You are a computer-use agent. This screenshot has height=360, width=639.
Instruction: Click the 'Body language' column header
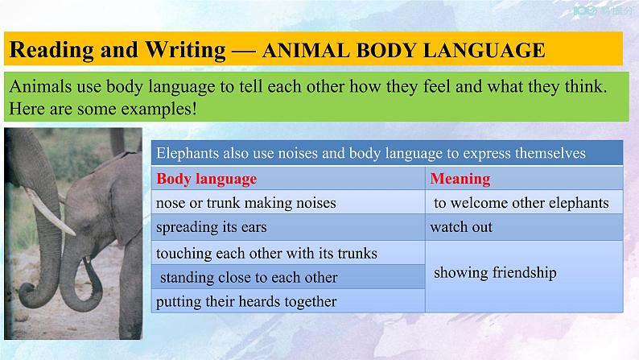pos(207,179)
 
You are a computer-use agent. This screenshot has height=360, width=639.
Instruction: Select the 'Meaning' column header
pos(460,179)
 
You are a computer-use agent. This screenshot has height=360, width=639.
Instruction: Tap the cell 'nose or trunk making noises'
pos(245,203)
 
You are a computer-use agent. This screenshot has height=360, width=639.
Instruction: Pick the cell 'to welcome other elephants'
pos(521,203)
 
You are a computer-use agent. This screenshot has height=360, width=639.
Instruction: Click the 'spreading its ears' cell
pos(211,227)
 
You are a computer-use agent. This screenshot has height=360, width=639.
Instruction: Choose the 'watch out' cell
pos(461,227)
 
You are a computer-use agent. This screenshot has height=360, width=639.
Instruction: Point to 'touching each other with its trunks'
pos(266,253)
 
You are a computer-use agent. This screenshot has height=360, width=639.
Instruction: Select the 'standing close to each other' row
pos(248,277)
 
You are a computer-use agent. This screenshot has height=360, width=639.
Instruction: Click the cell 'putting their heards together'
pos(245,302)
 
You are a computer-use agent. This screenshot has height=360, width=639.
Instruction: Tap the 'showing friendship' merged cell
pos(495,273)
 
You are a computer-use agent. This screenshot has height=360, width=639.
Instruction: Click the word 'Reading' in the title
pos(51,50)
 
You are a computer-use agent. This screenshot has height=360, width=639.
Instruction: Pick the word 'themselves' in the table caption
pos(551,152)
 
